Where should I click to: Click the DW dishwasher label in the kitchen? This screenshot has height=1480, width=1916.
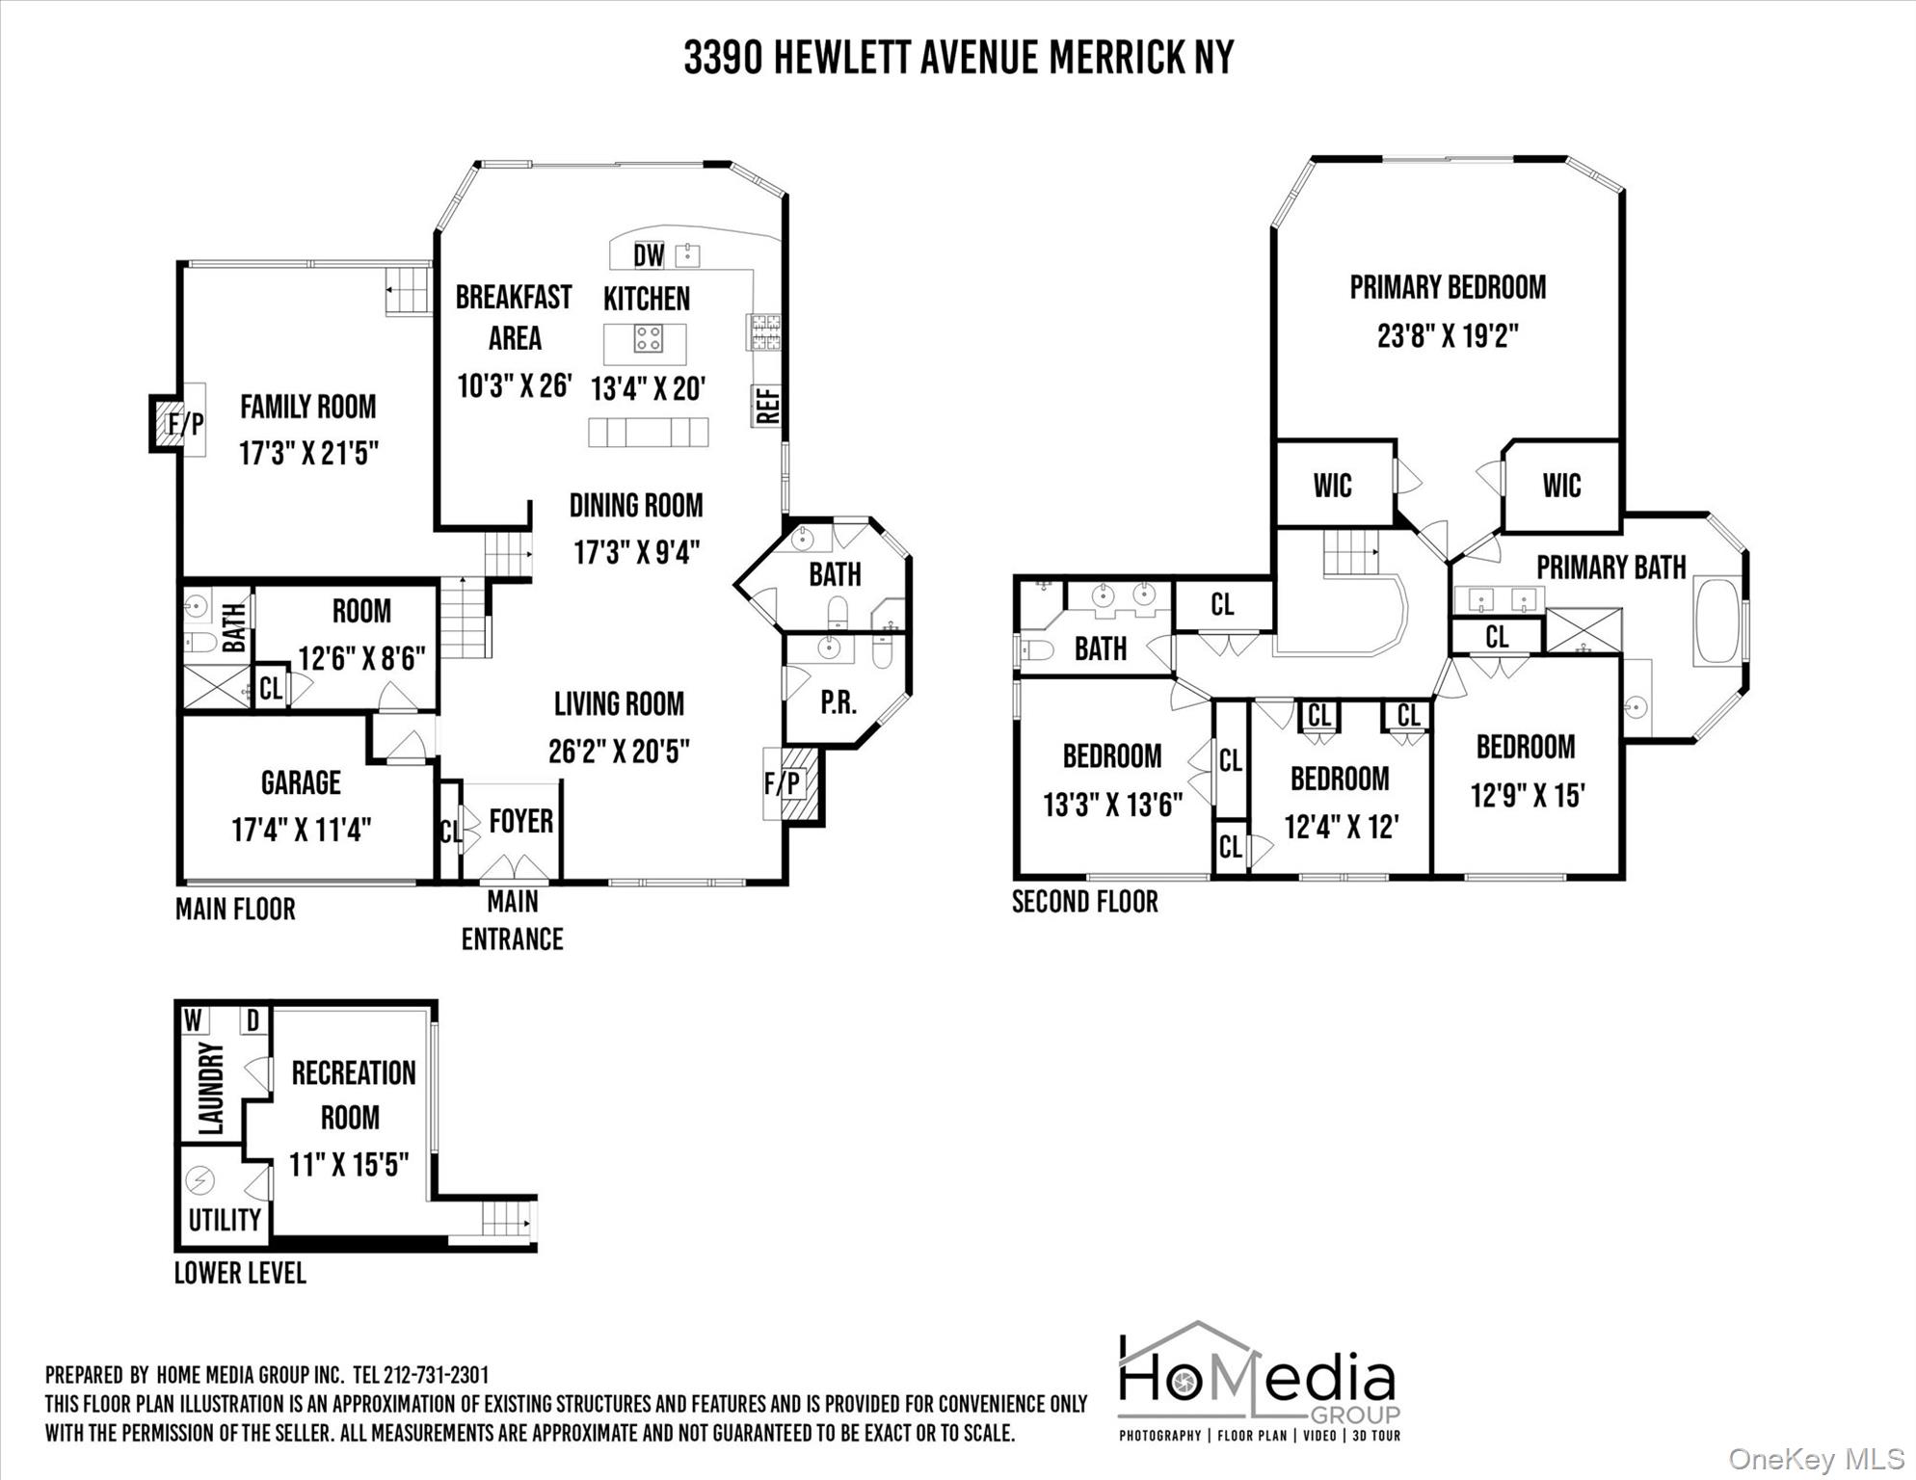(649, 255)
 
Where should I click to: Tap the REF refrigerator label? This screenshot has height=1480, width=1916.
(768, 406)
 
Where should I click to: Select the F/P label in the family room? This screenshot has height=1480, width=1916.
(186, 423)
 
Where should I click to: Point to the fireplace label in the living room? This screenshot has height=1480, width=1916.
(784, 783)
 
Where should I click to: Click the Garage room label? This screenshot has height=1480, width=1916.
(301, 782)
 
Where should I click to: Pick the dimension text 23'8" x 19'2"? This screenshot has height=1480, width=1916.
(1448, 336)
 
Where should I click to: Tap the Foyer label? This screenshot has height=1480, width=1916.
(520, 821)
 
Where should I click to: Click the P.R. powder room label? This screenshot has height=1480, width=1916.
(838, 703)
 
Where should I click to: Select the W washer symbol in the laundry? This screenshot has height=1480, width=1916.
(194, 1019)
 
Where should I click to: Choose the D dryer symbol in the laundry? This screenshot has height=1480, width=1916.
(253, 1020)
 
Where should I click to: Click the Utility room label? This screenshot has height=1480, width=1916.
(225, 1220)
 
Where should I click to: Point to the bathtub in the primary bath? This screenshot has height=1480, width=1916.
(1718, 620)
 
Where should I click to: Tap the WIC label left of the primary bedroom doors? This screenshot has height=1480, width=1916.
(1332, 486)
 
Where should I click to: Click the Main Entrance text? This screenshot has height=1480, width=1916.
(512, 920)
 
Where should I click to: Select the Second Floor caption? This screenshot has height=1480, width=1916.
(1085, 902)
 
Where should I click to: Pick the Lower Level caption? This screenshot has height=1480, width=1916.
(240, 1273)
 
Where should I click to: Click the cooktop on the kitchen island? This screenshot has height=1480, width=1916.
(648, 338)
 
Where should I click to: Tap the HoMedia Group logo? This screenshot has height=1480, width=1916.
(1259, 1381)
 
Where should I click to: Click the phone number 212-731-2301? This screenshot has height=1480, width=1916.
(436, 1375)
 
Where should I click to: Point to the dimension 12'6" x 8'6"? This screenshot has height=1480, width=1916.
(361, 659)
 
